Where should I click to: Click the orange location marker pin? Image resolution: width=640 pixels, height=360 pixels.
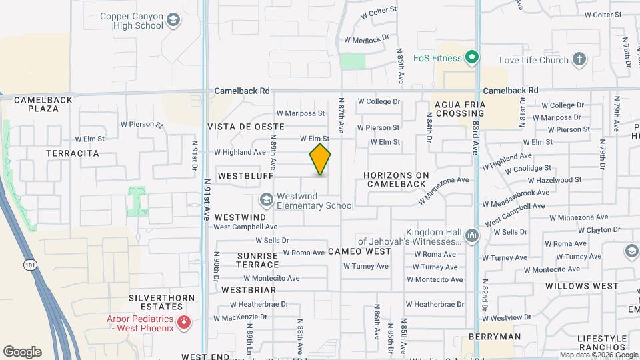[x=321, y=159]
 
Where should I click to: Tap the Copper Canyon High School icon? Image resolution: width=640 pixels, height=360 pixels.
[x=174, y=21]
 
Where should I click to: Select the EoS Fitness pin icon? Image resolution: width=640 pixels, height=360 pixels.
[x=472, y=58]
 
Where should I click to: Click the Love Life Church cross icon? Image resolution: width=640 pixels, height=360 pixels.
[x=579, y=60]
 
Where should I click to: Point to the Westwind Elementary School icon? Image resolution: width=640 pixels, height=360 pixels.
[x=266, y=200]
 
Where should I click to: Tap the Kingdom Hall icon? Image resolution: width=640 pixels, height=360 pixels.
[x=472, y=235]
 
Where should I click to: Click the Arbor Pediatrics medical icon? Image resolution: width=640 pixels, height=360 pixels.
[x=184, y=323]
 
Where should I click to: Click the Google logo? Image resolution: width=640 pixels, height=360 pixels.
[x=22, y=352]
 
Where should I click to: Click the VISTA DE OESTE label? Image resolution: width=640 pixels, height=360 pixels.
[x=246, y=127]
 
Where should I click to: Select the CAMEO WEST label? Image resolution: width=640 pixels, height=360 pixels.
[x=359, y=251]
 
